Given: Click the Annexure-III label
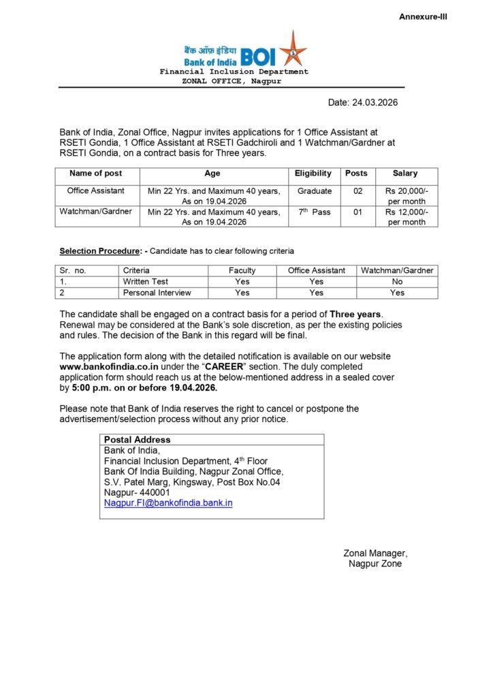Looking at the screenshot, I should (423, 16).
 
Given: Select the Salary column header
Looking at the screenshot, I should (405, 174).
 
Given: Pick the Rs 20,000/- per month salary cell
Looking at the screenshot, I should (407, 196).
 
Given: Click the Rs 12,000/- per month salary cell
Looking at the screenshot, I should (407, 217).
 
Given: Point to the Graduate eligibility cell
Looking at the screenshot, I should (315, 191).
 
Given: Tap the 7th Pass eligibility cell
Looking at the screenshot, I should (315, 212).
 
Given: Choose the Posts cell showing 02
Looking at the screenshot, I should (357, 191).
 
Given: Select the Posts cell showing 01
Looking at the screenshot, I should (357, 212).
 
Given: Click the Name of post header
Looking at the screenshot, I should (96, 174).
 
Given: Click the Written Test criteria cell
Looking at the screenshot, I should (146, 281).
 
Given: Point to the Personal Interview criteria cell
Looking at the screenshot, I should (157, 293).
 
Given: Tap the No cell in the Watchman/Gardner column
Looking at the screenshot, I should (397, 281).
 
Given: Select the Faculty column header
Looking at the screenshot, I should (242, 270).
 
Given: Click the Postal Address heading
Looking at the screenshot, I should (137, 440).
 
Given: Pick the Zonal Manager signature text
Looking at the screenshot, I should (375, 553).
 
